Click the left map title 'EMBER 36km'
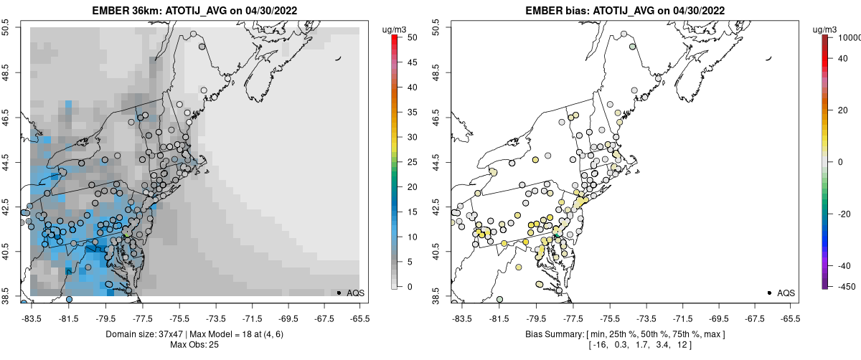pyautogui.click(x=123, y=11)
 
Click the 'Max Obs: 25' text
pyautogui.click(x=194, y=345)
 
